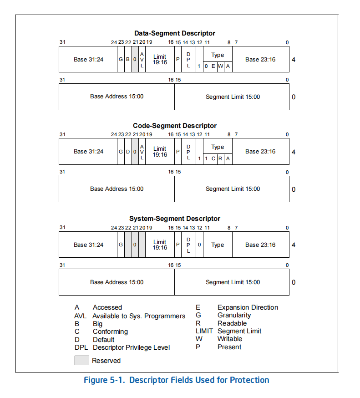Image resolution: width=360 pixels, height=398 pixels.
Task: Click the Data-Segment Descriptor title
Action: tap(175, 33)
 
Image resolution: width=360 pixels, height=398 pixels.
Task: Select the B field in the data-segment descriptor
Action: tap(128, 59)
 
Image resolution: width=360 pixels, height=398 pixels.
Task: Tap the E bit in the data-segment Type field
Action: tap(213, 66)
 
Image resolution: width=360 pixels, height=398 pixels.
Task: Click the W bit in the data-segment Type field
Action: tap(220, 66)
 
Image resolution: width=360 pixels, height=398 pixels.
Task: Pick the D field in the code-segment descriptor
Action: tap(128, 152)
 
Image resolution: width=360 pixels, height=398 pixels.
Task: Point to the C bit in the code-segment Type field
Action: tap(213, 158)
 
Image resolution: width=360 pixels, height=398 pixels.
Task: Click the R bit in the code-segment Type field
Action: tap(220, 158)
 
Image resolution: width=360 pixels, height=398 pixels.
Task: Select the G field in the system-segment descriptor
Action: tap(121, 245)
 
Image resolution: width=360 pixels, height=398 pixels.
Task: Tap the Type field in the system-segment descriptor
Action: tap(218, 245)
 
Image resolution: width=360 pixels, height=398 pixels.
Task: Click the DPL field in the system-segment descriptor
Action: tap(188, 245)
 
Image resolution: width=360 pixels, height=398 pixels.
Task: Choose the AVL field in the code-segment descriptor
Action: tap(142, 152)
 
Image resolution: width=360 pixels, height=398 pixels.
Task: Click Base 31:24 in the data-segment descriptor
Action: tap(88, 59)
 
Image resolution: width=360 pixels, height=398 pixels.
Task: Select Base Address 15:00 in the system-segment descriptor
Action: tap(117, 282)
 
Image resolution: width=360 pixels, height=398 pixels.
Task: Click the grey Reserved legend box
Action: tap(81, 361)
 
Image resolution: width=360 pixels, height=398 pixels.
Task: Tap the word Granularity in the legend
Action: tap(234, 315)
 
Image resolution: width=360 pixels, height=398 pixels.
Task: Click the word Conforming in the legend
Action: tap(110, 332)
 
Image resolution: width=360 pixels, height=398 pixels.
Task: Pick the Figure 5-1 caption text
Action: tap(176, 380)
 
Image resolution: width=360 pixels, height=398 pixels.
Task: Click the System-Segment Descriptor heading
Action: tap(175, 219)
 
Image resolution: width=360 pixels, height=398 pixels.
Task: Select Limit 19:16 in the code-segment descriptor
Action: tap(160, 152)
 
